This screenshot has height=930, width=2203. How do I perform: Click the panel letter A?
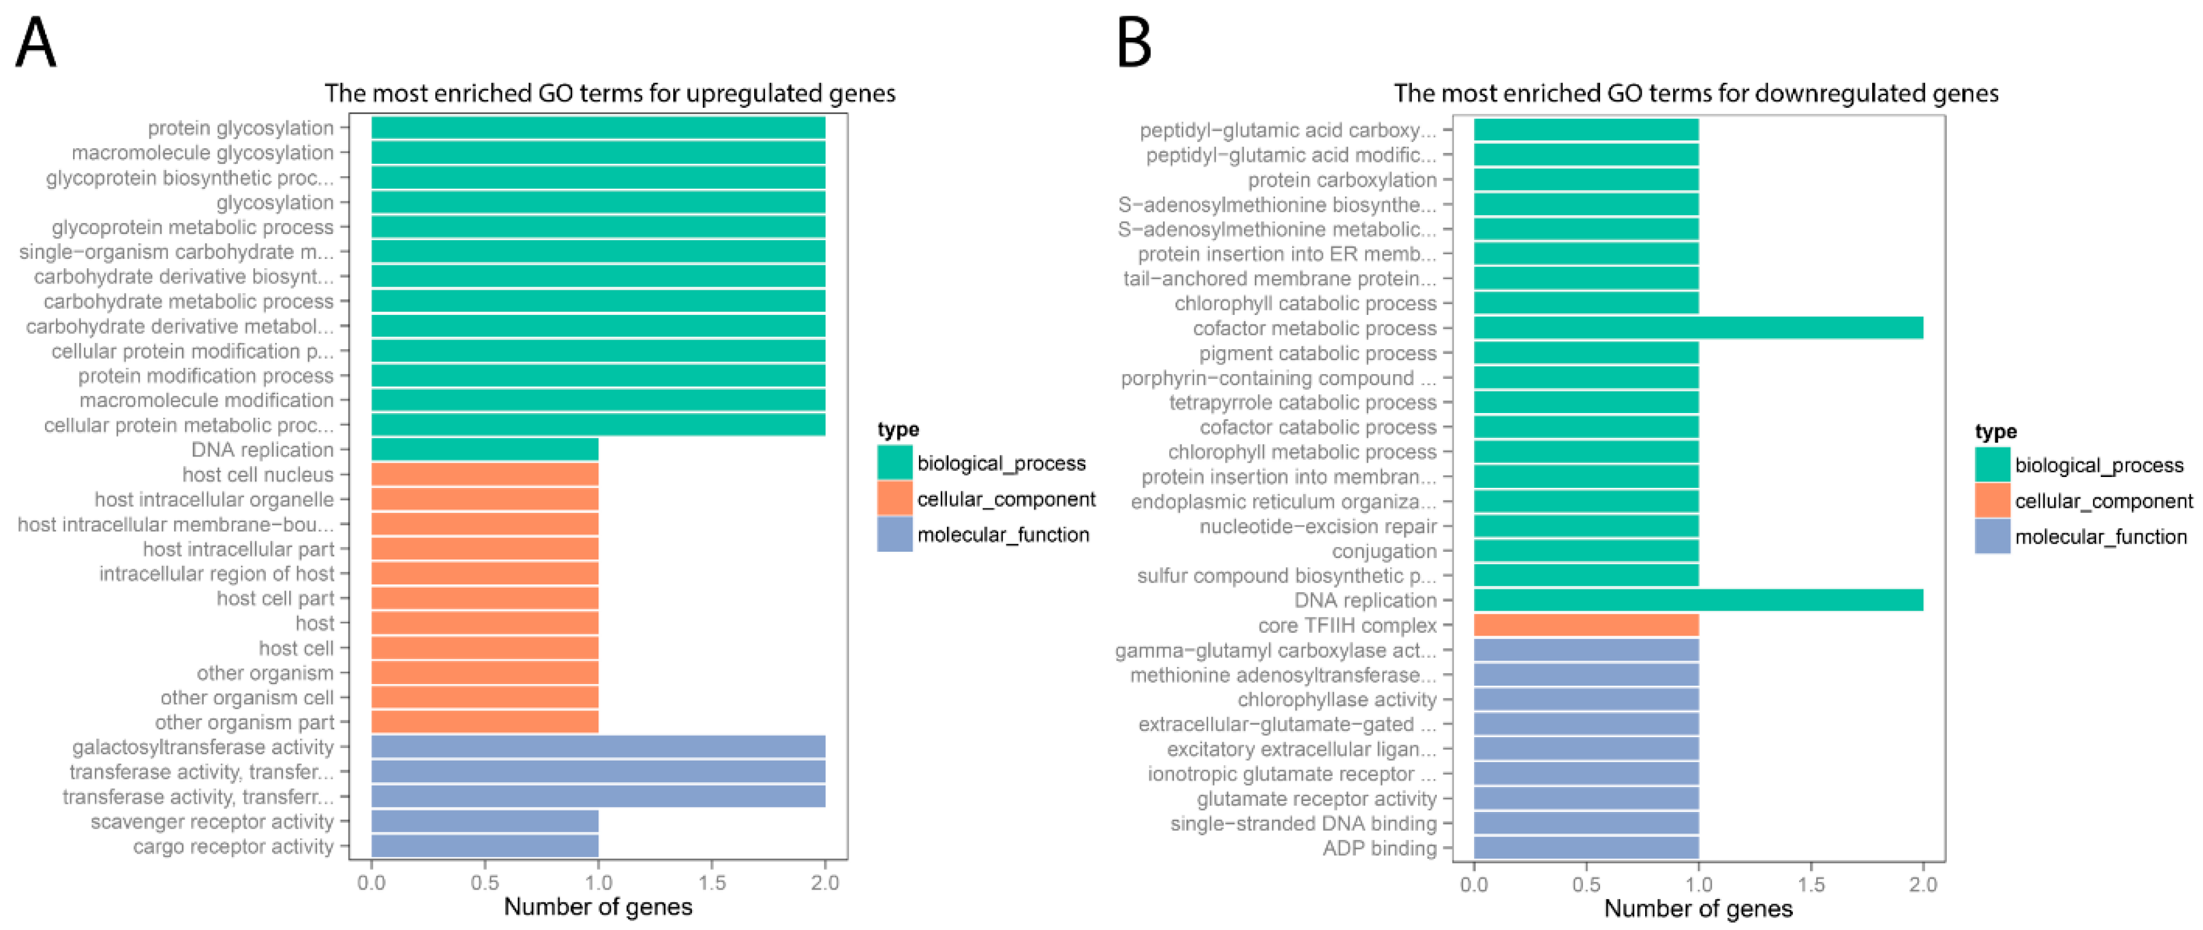pyautogui.click(x=36, y=45)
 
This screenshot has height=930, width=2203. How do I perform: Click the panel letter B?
pyautogui.click(x=1134, y=45)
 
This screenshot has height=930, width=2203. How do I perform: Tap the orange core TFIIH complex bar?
pyautogui.click(x=1586, y=625)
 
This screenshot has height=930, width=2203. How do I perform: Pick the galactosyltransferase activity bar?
pyautogui.click(x=598, y=747)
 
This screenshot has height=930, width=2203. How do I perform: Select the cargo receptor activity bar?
pyautogui.click(x=484, y=846)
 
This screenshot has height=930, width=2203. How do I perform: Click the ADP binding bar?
pyautogui.click(x=1586, y=848)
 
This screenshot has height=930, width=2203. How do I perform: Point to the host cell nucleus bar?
pyautogui.click(x=484, y=475)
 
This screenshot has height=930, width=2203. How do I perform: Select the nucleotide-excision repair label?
pyautogui.click(x=1318, y=526)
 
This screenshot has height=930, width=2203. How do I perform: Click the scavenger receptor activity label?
pyautogui.click(x=212, y=822)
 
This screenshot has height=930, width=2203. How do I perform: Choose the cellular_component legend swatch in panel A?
pyautogui.click(x=894, y=499)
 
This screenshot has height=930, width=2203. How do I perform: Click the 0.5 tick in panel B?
pyautogui.click(x=1586, y=885)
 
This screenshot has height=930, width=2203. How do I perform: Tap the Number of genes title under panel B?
pyautogui.click(x=1698, y=909)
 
